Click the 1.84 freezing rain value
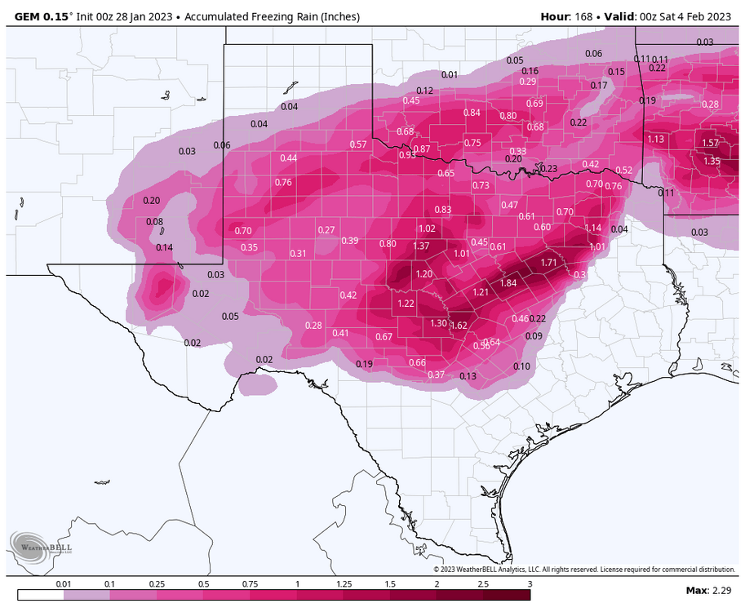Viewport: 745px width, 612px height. (x=508, y=283)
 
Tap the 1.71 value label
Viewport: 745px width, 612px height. (x=549, y=263)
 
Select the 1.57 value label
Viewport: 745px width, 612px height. (x=710, y=143)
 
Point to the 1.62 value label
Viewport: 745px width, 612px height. (x=459, y=326)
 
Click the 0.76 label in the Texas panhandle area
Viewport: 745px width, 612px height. (x=283, y=182)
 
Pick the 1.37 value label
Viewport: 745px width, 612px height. (x=421, y=246)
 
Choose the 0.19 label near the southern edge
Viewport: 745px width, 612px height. (x=365, y=364)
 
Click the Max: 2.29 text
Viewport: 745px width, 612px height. (x=708, y=589)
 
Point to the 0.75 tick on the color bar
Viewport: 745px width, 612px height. (x=251, y=584)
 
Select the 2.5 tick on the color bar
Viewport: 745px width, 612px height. (x=484, y=584)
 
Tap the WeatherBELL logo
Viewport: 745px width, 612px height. (x=41, y=547)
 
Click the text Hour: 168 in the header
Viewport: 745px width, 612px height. (x=565, y=16)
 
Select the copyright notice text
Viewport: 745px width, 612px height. (x=583, y=570)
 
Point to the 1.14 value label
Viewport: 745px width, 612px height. (x=593, y=228)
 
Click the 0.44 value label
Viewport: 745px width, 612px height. (x=289, y=157)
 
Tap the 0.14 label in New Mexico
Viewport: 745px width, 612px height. (x=165, y=247)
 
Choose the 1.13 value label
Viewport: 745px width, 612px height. (x=655, y=140)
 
